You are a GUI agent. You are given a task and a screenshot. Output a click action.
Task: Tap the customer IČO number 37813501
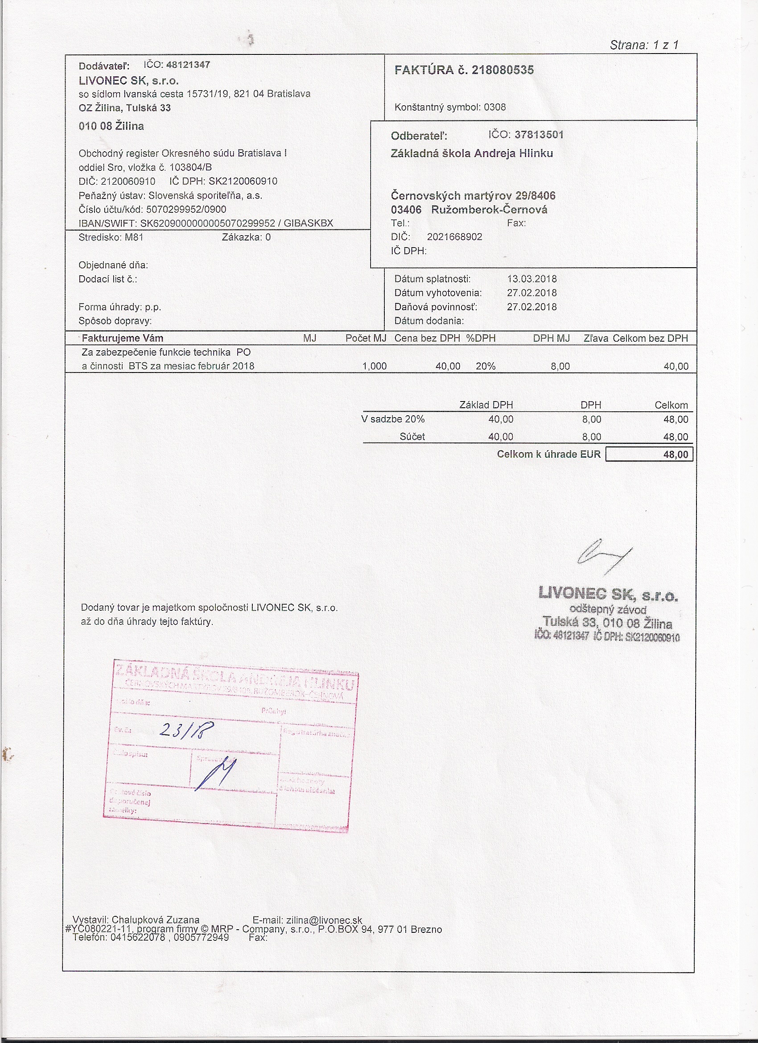pyautogui.click(x=539, y=135)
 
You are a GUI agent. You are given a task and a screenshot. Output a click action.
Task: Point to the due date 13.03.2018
pyautogui.click(x=532, y=279)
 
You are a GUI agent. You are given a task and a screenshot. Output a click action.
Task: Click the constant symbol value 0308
pyautogui.click(x=494, y=107)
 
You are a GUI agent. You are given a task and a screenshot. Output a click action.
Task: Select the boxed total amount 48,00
pyautogui.click(x=675, y=454)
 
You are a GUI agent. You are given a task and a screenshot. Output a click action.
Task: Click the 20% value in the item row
pyautogui.click(x=486, y=366)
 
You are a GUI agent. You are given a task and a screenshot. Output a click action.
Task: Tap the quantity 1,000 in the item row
pyautogui.click(x=374, y=366)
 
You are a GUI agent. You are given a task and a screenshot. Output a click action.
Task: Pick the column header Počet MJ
pyautogui.click(x=366, y=339)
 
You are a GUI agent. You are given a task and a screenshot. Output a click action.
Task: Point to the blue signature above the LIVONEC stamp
pyautogui.click(x=603, y=556)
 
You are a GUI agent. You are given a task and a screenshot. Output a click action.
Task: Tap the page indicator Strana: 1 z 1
pyautogui.click(x=643, y=45)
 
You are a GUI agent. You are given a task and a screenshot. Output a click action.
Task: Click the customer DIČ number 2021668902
pyautogui.click(x=454, y=237)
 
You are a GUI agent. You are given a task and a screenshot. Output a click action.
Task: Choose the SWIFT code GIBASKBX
pyautogui.click(x=308, y=223)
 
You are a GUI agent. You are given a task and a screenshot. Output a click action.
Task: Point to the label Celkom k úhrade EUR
pyautogui.click(x=548, y=454)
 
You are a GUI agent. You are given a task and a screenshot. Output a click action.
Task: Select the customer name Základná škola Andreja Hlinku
pyautogui.click(x=472, y=153)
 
